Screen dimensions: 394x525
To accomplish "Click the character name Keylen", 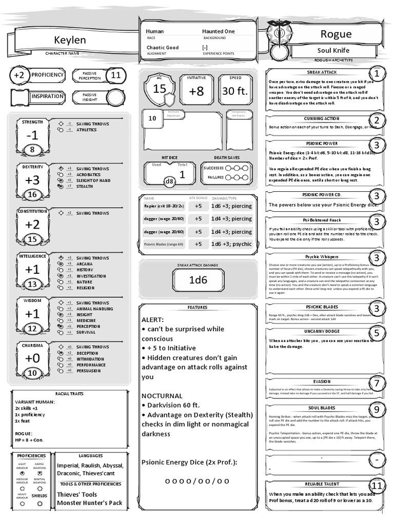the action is (x=70, y=40).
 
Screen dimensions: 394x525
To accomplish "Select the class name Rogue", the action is (x=336, y=34).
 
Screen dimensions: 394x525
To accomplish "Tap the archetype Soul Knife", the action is (x=333, y=51).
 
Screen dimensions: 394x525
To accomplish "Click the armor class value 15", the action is (x=160, y=89).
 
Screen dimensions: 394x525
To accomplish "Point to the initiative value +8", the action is (x=196, y=91).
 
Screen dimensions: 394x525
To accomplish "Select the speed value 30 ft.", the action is (x=235, y=91).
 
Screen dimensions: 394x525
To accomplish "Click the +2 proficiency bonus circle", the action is (x=19, y=75).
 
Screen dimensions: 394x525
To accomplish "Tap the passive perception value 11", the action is (x=115, y=75).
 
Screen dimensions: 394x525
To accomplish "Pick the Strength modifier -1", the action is (x=32, y=135).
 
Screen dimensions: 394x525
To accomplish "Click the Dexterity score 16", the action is (x=32, y=194).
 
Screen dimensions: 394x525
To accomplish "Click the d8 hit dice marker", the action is (x=169, y=181).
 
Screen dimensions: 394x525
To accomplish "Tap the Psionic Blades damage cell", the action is (x=231, y=244).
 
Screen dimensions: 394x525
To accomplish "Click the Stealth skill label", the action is (x=85, y=187).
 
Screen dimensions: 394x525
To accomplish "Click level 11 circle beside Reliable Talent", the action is (x=377, y=486).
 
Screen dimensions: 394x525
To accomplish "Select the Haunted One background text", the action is (x=218, y=31).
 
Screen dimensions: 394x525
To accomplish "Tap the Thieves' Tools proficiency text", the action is (x=77, y=494).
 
